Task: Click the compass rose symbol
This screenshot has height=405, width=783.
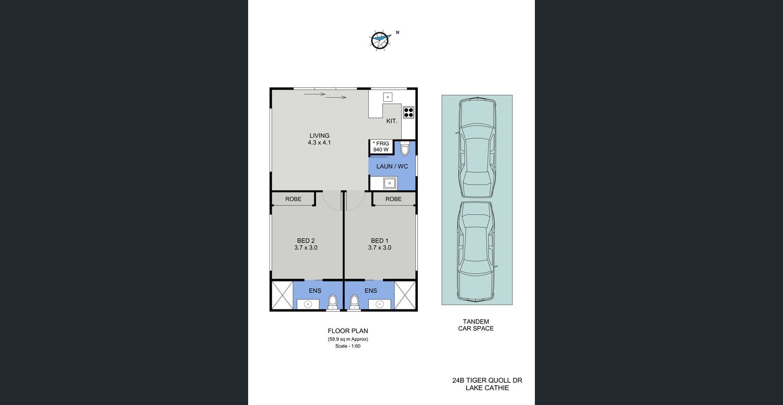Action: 379,40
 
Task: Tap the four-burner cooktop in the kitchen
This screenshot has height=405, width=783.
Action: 408,112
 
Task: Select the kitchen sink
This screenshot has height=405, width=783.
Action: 388,97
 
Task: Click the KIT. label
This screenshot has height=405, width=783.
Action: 391,121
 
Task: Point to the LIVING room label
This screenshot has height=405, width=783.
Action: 319,136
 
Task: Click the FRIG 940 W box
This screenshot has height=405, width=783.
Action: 381,147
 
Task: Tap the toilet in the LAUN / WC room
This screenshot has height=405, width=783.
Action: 405,148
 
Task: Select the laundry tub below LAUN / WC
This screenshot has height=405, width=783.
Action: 389,183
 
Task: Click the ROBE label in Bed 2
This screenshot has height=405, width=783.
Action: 293,199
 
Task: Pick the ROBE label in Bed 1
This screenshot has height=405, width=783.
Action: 393,199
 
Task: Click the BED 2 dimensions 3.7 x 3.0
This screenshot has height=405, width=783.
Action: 306,248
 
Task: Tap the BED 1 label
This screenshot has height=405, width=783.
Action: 379,241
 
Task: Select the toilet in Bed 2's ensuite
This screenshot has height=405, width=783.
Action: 333,302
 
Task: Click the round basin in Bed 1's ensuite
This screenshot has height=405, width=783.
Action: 379,305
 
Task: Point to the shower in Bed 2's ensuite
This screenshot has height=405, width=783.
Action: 282,295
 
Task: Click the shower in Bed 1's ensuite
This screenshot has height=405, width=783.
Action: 405,295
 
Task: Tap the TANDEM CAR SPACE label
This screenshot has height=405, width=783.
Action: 476,325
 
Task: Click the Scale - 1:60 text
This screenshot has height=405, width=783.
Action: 348,346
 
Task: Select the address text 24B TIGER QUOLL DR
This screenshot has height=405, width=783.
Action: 487,380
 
